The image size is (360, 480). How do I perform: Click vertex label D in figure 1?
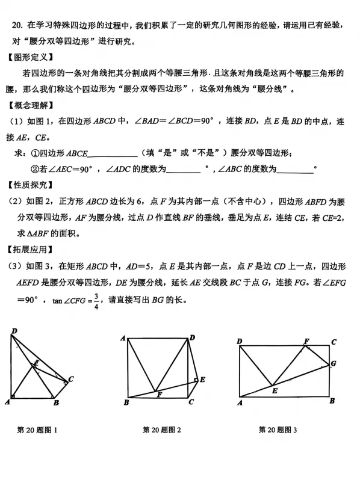[x=14, y=330]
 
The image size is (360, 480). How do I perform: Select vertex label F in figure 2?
[x=159, y=395]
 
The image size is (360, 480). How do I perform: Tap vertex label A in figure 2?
[x=122, y=339]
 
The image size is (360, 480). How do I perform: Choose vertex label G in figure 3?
[x=333, y=363]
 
